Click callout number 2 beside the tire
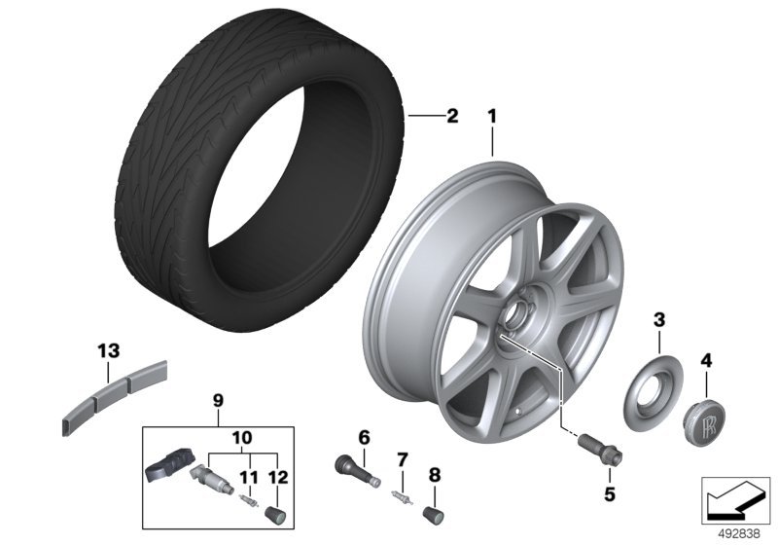[452, 116]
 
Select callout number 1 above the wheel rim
[492, 117]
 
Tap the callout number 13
[109, 351]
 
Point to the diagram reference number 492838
[740, 534]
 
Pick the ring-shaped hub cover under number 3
[653, 392]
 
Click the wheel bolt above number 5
[601, 447]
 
